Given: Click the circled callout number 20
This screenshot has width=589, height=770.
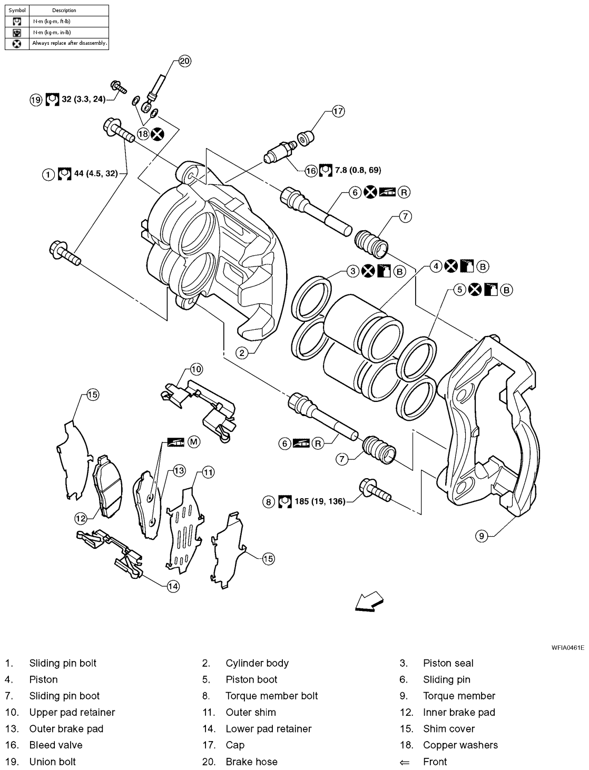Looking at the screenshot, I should tap(184, 61).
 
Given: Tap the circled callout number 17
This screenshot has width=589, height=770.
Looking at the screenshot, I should tap(338, 111).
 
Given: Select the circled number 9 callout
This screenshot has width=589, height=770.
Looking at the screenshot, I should tap(482, 536).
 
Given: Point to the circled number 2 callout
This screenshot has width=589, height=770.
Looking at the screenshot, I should tap(242, 353).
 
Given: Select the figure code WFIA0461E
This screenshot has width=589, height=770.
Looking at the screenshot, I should tap(568, 647).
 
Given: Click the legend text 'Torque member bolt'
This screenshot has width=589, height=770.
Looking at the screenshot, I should tap(271, 696).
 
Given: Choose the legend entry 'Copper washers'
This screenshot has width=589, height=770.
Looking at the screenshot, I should tap(460, 745).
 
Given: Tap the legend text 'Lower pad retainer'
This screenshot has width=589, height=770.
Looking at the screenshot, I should tap(268, 728).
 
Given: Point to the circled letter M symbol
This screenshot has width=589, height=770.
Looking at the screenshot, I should tap(193, 442).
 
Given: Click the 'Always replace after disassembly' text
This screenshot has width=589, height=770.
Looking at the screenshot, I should tap(70, 43).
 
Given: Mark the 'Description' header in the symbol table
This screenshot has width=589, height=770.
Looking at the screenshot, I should tap(64, 10).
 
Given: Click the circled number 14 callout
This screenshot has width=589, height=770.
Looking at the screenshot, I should tap(173, 586).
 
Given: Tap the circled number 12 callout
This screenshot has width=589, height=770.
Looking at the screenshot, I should tap(80, 518).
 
